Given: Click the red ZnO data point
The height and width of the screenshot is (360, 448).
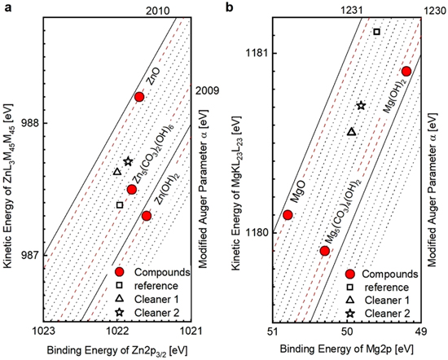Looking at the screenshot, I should point(139,97).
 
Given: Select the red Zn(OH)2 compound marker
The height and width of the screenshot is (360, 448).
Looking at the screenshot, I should point(147,216).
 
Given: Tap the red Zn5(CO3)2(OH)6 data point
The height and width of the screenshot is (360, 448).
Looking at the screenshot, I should point(132,190).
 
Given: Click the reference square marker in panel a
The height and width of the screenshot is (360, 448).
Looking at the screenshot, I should point(120,204).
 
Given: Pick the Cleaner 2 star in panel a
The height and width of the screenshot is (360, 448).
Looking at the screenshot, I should point(128,161).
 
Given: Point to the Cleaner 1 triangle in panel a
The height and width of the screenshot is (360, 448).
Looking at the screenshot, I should point(116,172).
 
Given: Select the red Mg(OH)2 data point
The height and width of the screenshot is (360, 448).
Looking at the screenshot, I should point(406,72).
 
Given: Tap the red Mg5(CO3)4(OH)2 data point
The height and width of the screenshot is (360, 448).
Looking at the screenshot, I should point(324,251).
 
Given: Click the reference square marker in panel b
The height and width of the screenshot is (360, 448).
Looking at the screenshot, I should point(376,32).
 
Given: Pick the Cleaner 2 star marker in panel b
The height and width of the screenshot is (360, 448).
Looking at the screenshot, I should point(362,106).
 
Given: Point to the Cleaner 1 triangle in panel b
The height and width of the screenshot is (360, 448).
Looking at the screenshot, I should point(351,132).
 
